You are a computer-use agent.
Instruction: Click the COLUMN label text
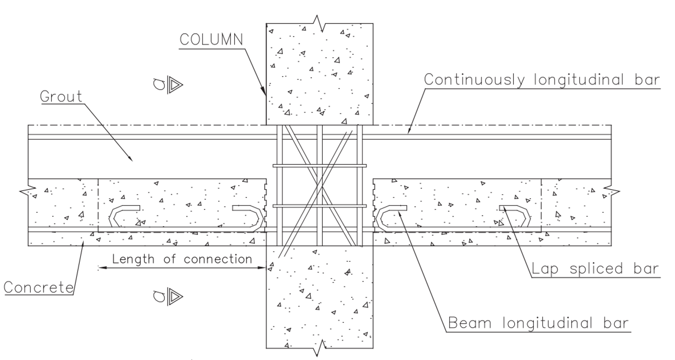[211, 40]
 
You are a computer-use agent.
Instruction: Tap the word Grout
[61, 97]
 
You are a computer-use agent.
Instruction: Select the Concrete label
[38, 287]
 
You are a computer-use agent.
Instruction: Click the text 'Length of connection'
[182, 259]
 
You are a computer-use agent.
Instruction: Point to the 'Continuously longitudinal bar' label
[542, 80]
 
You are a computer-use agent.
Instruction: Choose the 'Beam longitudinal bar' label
[538, 323]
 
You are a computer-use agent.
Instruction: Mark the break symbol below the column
[319, 347]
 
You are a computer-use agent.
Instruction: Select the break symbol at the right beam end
[611, 191]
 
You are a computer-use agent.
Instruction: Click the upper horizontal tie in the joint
[319, 166]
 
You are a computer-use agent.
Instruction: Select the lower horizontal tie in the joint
[319, 206]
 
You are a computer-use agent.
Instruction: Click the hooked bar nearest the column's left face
[249, 217]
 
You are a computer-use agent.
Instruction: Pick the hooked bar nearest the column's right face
[390, 217]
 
